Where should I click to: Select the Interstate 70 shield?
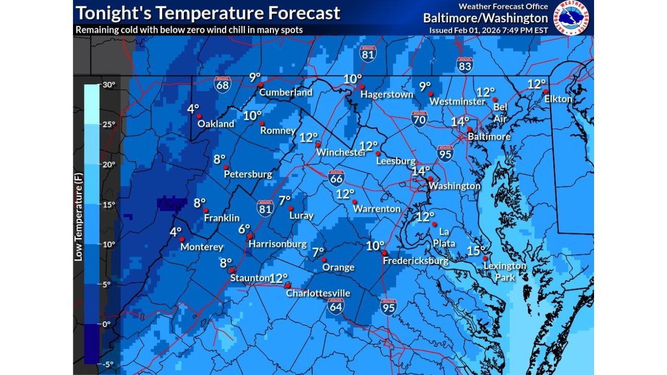coord(419,119)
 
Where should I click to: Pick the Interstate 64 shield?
coord(336,306)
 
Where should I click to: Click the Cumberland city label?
coord(286,92)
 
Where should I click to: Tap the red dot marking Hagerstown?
coord(362,87)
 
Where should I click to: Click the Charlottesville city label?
coord(318,293)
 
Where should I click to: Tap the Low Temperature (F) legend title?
coord(78,226)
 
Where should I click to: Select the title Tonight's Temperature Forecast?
coord(208,13)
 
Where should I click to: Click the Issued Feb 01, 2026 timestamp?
coord(488,30)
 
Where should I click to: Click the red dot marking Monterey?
coord(182,239)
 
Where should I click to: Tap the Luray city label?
coord(301,215)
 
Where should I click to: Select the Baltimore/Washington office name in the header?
coord(485,18)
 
